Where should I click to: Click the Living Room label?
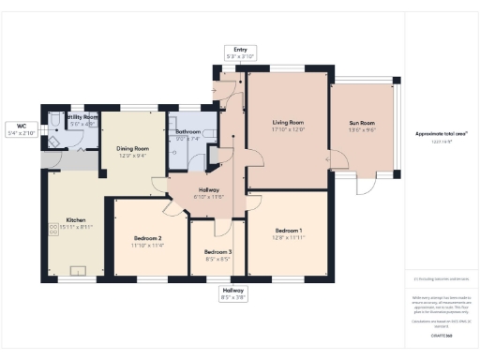point(288,123)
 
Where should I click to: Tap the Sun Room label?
point(362,124)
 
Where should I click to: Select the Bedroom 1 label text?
point(289,230)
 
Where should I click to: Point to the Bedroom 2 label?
point(147,238)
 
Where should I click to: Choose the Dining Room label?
point(132,148)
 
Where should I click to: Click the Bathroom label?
point(188,132)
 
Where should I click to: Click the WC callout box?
point(20,129)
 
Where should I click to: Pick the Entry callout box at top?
point(240,53)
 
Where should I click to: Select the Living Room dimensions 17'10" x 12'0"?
point(288,130)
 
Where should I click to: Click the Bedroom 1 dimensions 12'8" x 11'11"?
point(289,237)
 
